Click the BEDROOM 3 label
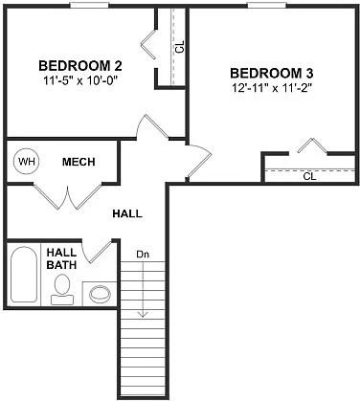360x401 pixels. coord(272,73)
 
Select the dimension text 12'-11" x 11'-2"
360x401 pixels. coord(272,88)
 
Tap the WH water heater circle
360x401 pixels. coord(25,162)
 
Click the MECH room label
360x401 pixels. coord(79,162)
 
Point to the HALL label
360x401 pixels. coord(127,212)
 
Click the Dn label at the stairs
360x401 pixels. coord(142,254)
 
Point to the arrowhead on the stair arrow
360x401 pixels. coord(142,313)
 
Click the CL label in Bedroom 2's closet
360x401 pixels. coord(178,46)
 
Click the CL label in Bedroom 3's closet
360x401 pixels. coord(309,176)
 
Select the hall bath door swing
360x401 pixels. coord(97,251)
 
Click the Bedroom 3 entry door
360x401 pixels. coord(197,161)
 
